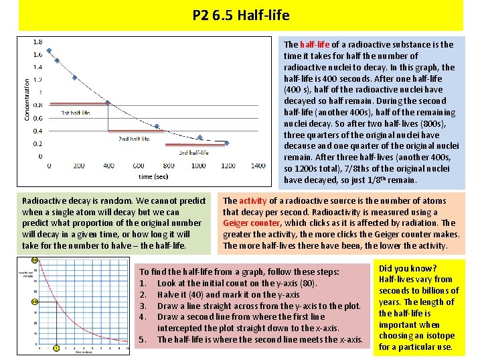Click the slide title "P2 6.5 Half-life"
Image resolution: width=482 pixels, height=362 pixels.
[240, 15]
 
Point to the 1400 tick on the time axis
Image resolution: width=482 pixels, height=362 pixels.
[258, 166]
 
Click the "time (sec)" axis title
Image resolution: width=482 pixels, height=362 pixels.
[153, 176]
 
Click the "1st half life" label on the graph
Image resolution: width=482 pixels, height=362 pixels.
[76, 113]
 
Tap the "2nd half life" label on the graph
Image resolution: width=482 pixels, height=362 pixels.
[134, 139]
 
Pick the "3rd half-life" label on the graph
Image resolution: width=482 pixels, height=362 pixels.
[193, 152]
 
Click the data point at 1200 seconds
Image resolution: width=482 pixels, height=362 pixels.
[226, 143]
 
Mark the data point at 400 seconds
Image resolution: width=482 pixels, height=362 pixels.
[107, 103]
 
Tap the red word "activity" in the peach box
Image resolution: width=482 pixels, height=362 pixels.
[253, 200]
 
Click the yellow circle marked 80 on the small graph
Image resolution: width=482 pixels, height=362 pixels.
[34, 261]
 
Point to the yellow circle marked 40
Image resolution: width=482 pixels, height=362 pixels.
[34, 302]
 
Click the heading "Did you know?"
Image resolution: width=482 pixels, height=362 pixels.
[407, 268]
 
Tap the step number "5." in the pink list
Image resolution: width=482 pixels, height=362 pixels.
[142, 340]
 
